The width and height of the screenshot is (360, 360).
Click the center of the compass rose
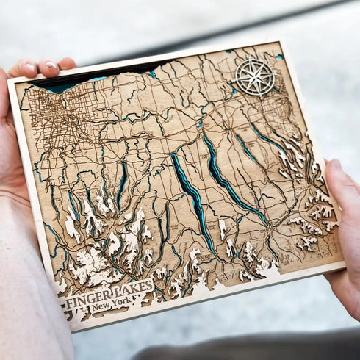click(x=255, y=76)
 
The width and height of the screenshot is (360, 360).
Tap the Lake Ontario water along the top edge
click(x=66, y=82)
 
